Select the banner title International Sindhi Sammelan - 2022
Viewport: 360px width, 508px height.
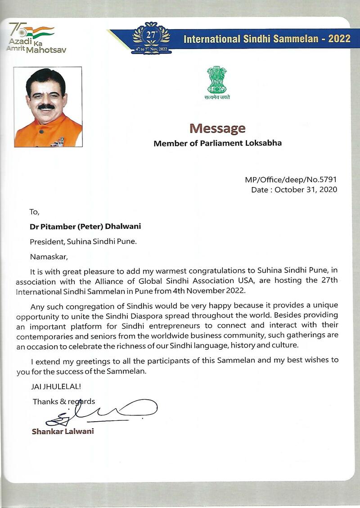click(x=267, y=38)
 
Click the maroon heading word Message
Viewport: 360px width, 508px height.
click(x=217, y=129)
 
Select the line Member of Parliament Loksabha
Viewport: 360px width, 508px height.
click(x=218, y=144)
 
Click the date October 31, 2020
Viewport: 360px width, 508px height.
click(x=306, y=190)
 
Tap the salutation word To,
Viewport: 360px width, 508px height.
click(x=35, y=212)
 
